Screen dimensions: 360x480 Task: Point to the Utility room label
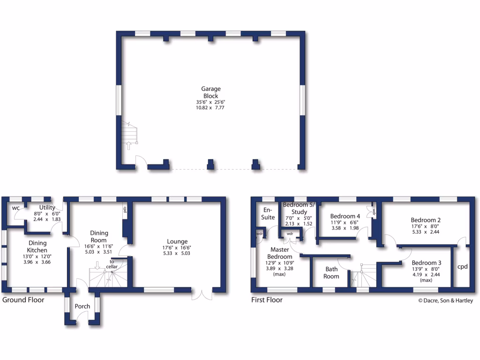pos(47,208)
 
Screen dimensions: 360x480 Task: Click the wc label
pos(15,208)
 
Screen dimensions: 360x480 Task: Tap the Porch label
pos(82,306)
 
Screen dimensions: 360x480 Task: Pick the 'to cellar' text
pos(112,263)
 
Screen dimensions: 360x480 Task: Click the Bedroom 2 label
pos(426,220)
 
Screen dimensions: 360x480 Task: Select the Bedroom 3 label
pos(426,263)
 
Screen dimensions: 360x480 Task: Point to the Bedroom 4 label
pos(345,216)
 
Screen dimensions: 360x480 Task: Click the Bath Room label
pos(331,272)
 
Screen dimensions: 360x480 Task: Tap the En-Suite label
pos(268,214)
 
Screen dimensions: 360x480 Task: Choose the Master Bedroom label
pos(279,253)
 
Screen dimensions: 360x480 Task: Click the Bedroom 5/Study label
pos(298,208)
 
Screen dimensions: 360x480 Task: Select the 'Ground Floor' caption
pos(23,300)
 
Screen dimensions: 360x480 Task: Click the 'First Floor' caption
pos(267,300)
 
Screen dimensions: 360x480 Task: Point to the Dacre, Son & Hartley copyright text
pos(445,301)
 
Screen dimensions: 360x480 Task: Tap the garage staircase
pos(130,135)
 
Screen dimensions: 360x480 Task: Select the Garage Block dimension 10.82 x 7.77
pos(211,108)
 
